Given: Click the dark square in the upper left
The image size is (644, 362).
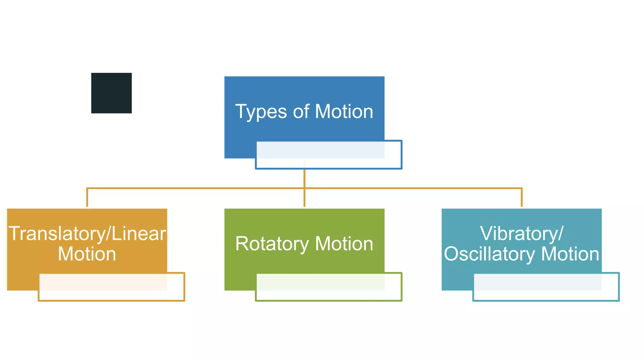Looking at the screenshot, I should pos(111,93).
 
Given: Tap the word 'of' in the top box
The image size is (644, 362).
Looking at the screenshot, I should pos(301,112).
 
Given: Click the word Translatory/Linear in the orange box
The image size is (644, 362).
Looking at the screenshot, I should pos(87,233).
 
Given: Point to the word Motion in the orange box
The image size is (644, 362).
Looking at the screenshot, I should pos(87,254).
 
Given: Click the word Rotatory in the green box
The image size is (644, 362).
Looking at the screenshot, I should pos(272,244).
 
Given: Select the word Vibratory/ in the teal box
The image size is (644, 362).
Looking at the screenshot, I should pos(521,233).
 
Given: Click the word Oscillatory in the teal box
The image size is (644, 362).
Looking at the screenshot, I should pos(489,254).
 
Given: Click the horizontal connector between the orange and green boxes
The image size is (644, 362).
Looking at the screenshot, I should pos(195,188).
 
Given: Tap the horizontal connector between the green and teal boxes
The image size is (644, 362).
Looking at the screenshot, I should pos(412,188).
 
